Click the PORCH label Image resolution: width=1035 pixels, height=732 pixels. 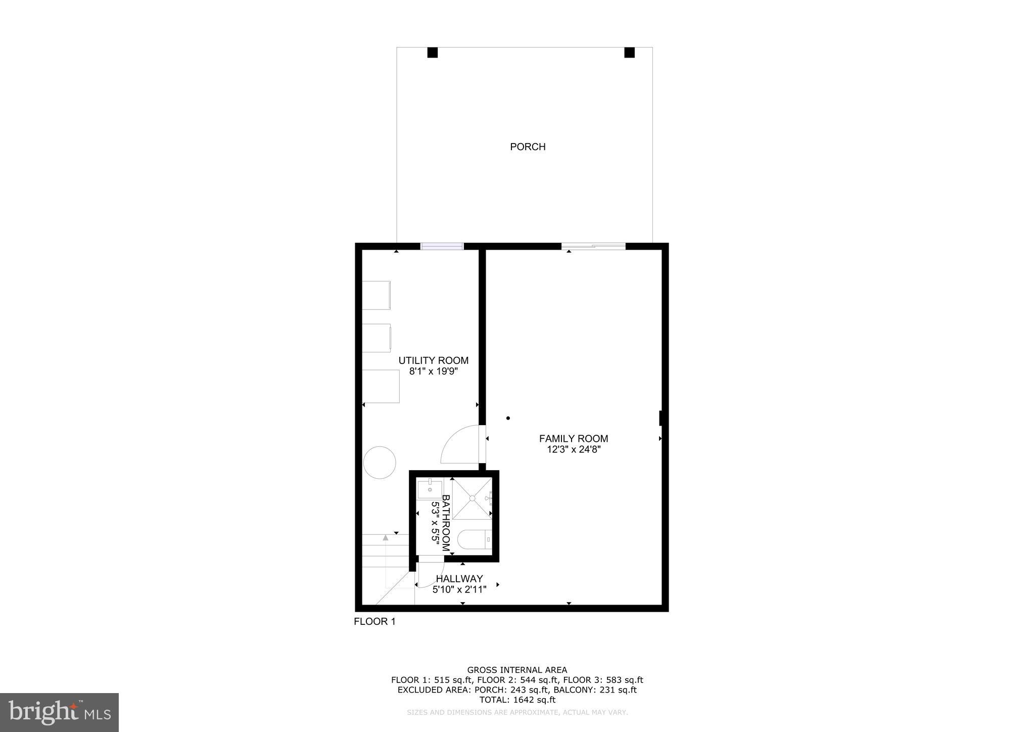[528, 147]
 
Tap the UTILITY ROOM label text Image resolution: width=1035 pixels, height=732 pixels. [433, 360]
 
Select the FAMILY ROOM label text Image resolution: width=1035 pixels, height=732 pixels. [573, 439]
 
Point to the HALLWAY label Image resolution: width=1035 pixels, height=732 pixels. [459, 578]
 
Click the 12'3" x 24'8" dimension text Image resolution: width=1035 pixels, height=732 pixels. [573, 449]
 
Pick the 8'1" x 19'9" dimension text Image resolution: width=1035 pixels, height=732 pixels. [433, 372]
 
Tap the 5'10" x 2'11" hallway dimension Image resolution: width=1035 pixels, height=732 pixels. [459, 589]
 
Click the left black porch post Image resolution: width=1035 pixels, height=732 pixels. [432, 53]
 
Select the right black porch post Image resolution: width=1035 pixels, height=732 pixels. [629, 53]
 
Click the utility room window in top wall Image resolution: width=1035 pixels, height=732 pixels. [442, 247]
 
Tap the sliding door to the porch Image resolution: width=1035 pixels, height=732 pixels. [593, 247]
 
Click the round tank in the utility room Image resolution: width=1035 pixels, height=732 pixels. [380, 462]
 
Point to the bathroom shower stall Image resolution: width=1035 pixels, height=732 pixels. [472, 498]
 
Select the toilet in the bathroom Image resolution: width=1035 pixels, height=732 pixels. [474, 539]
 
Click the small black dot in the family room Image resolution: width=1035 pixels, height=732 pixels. [508, 418]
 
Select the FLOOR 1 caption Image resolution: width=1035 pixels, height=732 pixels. [374, 622]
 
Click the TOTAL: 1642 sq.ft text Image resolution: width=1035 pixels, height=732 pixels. [517, 700]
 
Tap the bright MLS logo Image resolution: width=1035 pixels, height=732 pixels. [59, 712]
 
